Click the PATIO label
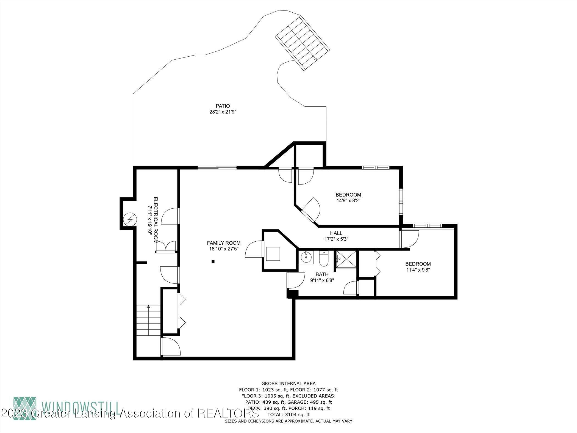(223, 106)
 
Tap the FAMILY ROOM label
(224, 243)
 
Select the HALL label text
(336, 233)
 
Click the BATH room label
(322, 274)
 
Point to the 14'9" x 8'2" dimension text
(348, 201)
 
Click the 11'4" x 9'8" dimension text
(418, 270)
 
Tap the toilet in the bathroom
(323, 259)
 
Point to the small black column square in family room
(213, 262)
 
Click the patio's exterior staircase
(303, 43)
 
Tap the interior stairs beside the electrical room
(148, 320)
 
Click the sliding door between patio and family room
(217, 167)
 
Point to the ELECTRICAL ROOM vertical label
(153, 220)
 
